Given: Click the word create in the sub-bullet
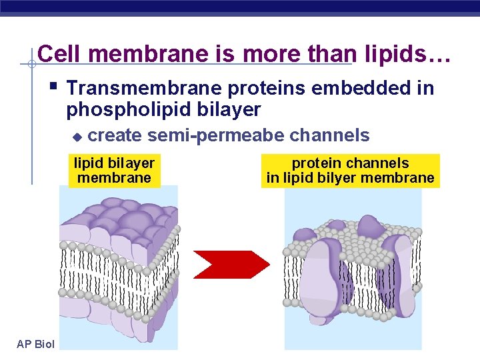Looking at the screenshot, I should (x=115, y=136).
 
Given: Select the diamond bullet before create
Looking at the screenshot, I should (x=76, y=137).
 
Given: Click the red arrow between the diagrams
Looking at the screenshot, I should (x=230, y=264).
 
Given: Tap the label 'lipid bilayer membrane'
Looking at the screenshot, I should (x=114, y=171).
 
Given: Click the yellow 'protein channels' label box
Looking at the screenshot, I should (x=350, y=171).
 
